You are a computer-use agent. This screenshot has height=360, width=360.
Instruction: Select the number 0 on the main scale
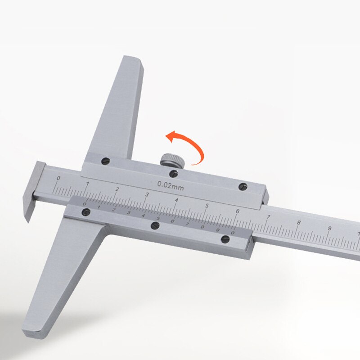(x=58, y=179)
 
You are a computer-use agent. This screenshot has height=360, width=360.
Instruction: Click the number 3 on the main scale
(x=147, y=195)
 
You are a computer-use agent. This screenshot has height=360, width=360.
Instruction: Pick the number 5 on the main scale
(x=207, y=206)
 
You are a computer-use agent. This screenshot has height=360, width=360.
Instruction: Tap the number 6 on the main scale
(x=237, y=211)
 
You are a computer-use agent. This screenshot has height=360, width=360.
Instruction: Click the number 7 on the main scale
(x=268, y=217)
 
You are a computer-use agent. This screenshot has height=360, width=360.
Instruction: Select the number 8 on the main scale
(x=298, y=223)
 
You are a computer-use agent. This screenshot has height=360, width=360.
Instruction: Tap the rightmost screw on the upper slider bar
(x=243, y=186)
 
